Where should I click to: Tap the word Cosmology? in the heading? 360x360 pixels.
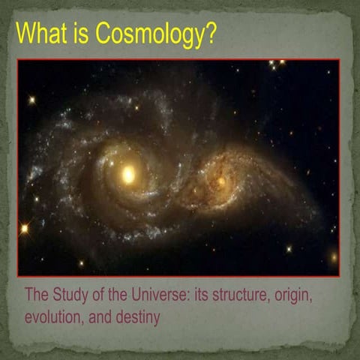coord(149,35)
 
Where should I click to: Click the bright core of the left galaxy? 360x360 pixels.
coord(127,175)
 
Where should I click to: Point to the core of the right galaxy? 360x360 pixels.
coord(219,181)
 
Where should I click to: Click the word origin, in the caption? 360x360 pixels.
coord(295,295)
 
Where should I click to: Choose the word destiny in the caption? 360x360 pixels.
coord(137,317)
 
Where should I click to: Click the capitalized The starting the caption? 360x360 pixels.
coord(38,295)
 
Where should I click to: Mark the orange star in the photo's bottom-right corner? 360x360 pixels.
coord(333,257)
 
